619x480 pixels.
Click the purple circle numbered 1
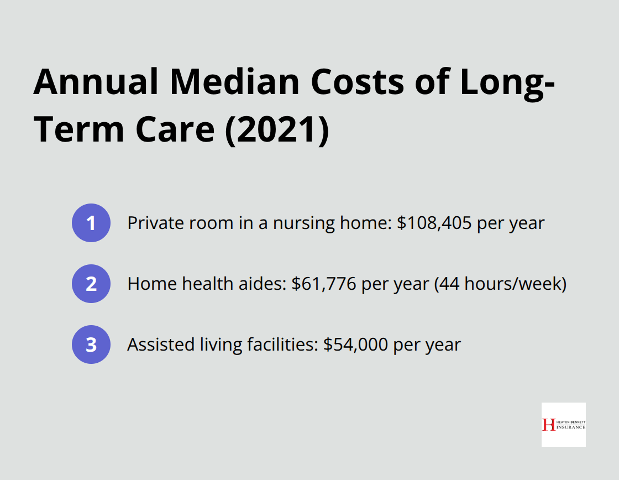[91, 223]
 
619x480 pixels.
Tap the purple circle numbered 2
[91, 284]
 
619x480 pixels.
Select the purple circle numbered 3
[91, 345]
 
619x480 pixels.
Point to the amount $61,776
[326, 284]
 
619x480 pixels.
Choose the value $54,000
[356, 345]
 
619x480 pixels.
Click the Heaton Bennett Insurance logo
[563, 424]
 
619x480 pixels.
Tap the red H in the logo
[548, 425]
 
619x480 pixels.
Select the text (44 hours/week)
[500, 284]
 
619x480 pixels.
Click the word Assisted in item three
[153, 345]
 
